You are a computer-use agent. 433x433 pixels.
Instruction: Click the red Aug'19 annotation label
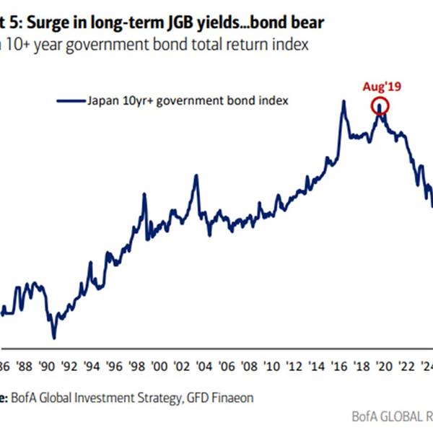tap(380, 86)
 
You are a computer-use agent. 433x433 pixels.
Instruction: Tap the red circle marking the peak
tap(380, 107)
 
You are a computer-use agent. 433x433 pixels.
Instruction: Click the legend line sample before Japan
tap(70, 101)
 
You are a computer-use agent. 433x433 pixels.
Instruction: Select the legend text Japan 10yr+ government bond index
tap(187, 101)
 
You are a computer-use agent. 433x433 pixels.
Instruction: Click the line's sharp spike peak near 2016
tap(344, 101)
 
